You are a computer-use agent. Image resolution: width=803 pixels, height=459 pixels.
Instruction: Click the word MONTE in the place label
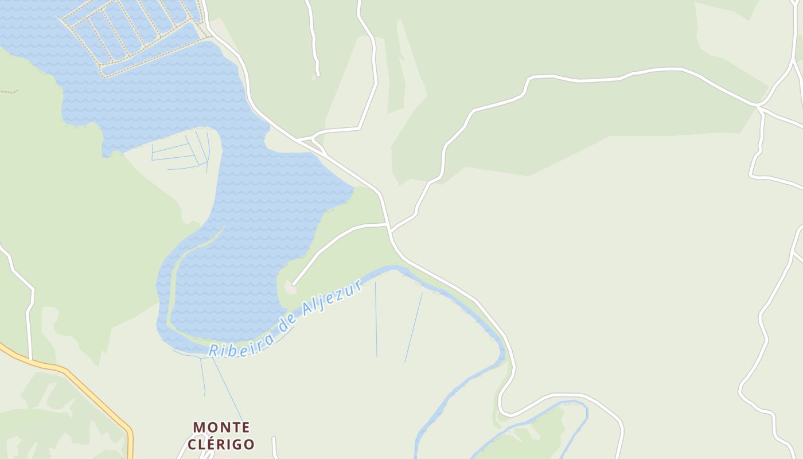pos(221,427)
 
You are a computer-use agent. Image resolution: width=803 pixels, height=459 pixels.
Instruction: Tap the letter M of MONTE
pos(198,427)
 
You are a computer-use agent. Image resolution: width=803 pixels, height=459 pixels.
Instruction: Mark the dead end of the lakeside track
pos(293,283)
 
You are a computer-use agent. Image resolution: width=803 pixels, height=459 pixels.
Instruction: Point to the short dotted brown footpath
pos(9,91)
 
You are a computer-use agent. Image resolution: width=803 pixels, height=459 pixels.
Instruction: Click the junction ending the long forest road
pos(758,106)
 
